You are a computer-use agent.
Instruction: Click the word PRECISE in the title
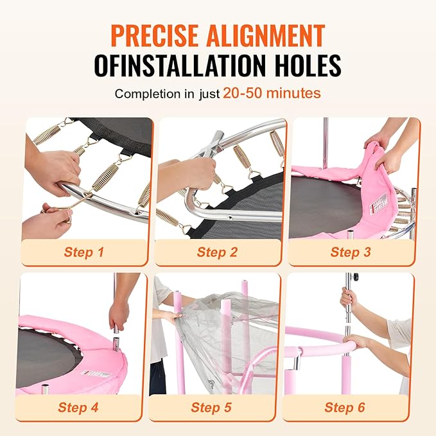tap(154, 36)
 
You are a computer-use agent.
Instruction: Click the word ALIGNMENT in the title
tap(266, 36)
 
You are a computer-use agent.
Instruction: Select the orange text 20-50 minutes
tap(272, 93)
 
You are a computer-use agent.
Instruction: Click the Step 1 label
tap(83, 252)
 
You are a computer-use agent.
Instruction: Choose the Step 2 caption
tap(217, 252)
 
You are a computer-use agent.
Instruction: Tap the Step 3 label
tap(351, 252)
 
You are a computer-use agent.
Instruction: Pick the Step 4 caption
tap(78, 407)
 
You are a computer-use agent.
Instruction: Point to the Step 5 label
tap(211, 407)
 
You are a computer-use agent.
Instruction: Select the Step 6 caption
tap(345, 407)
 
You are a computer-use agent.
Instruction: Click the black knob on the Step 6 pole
tap(355, 277)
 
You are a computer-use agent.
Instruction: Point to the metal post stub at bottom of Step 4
tap(45, 389)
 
